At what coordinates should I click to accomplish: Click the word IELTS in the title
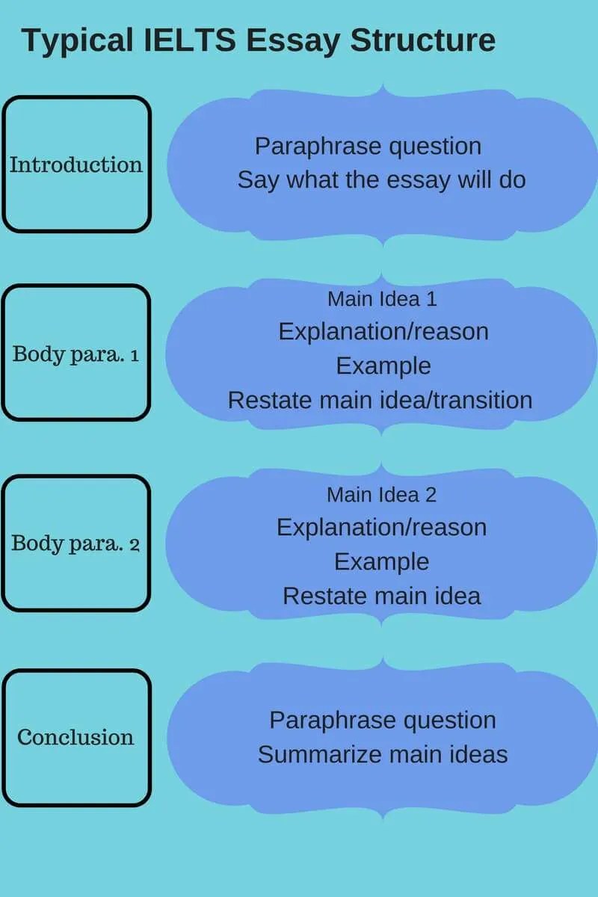point(189,40)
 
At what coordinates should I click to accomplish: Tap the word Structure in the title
point(423,40)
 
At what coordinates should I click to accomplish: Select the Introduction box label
point(76,164)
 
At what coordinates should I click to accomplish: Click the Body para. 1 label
point(75,354)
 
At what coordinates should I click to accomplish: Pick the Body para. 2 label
point(75,543)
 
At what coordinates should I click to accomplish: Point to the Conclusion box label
point(75,737)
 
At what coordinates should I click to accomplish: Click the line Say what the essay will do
point(381,180)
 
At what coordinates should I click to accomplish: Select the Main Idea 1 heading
point(382,299)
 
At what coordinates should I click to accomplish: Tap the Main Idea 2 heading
point(381,495)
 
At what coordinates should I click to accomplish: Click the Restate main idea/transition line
point(380,400)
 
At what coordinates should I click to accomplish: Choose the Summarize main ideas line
point(383,754)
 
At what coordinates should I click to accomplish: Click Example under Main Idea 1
point(383,366)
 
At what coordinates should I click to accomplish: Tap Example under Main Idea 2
point(382,562)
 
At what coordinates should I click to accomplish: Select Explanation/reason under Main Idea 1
point(383,332)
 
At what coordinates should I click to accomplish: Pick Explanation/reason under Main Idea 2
point(382,528)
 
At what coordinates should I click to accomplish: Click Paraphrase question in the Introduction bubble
point(368,147)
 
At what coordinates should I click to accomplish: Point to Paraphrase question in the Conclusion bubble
point(383,721)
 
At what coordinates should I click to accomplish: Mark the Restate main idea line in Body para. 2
point(382,596)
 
